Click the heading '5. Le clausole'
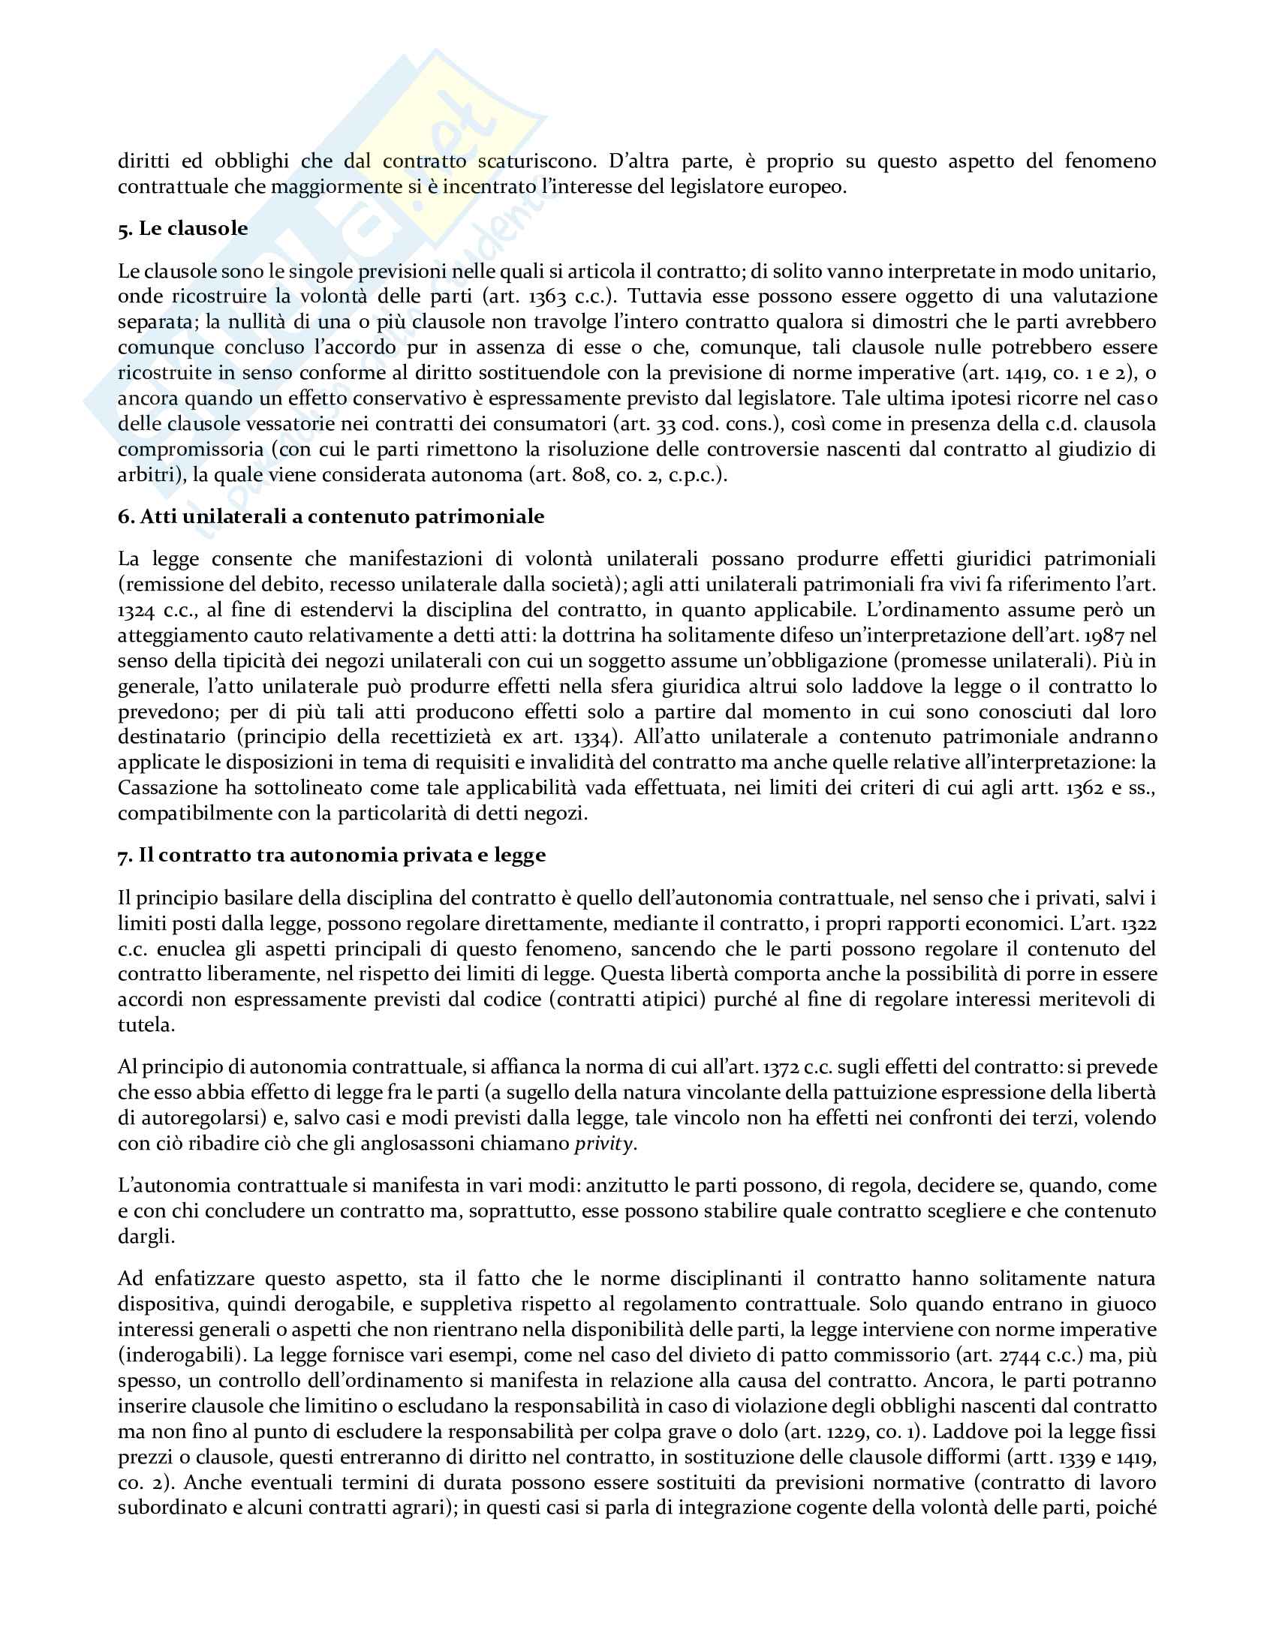coord(182,228)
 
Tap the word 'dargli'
coord(146,1237)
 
